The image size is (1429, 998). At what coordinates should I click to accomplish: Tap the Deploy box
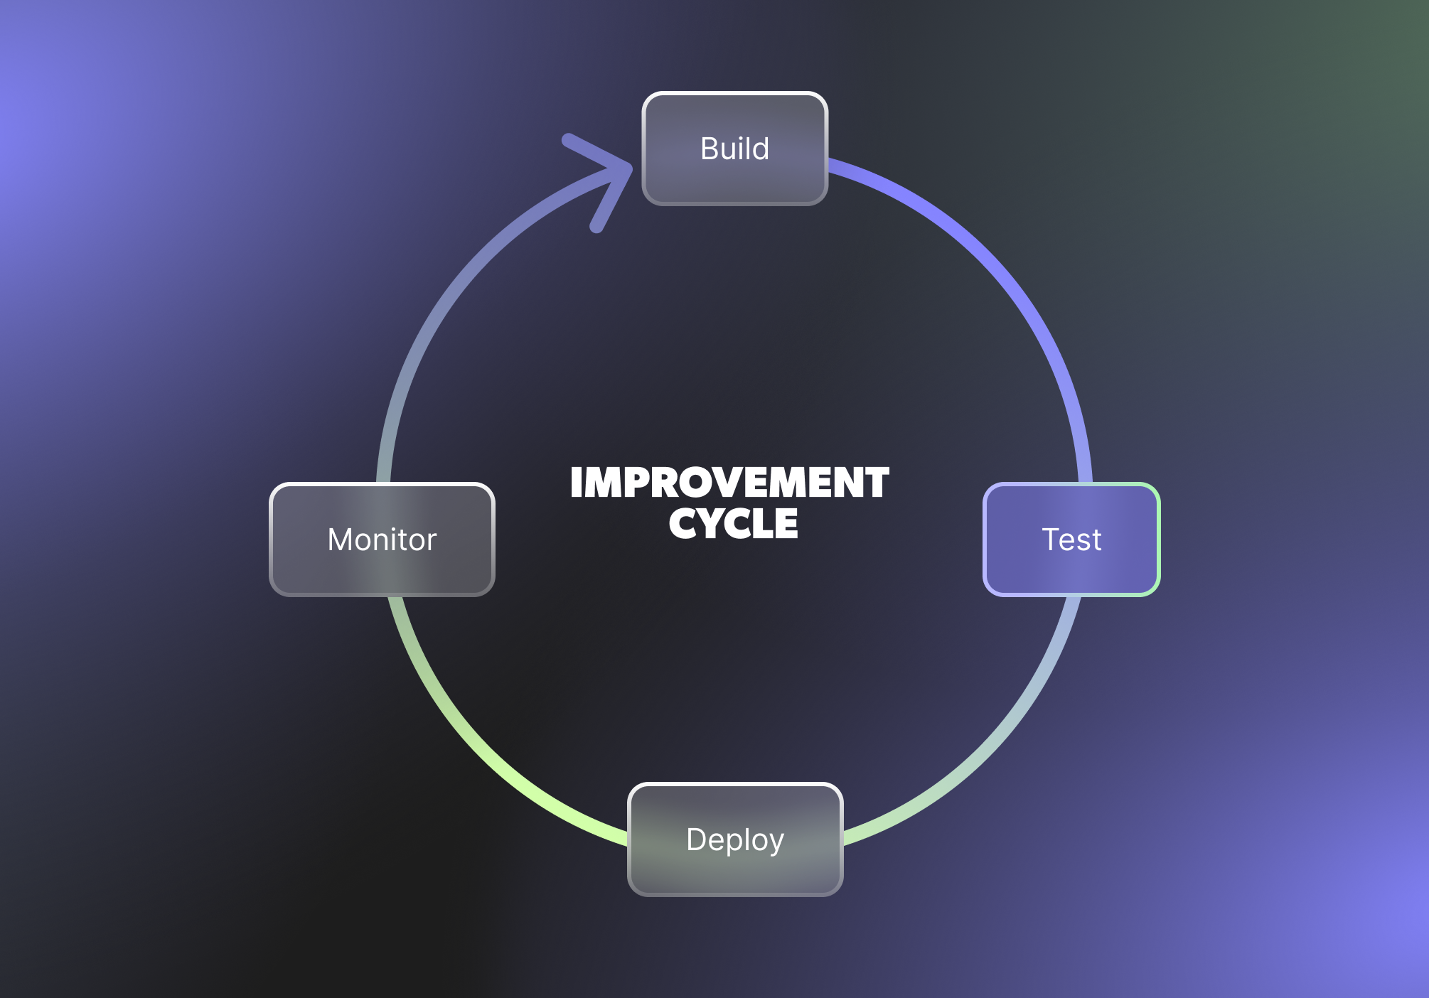735,871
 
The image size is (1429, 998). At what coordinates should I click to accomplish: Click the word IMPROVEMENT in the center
729,483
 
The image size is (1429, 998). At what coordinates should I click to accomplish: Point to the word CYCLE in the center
733,524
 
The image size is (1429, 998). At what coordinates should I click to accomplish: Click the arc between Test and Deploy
995,739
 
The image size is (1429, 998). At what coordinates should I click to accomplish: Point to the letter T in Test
1051,540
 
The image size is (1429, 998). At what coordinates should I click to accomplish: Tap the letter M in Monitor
341,540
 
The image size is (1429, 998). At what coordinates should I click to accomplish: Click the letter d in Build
761,149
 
